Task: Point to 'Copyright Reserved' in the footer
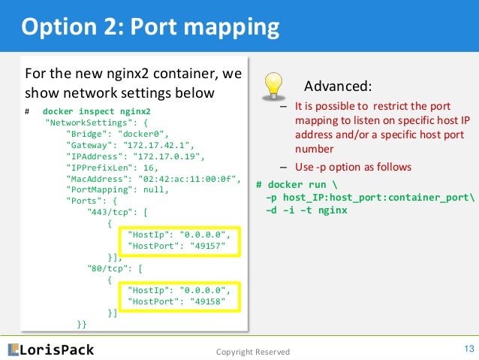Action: pyautogui.click(x=252, y=352)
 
